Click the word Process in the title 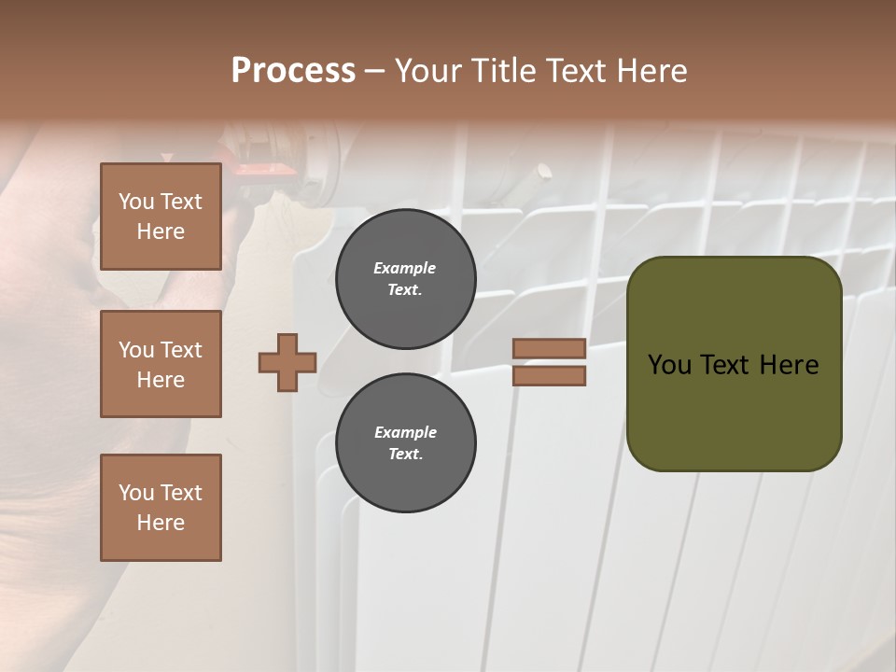coord(293,71)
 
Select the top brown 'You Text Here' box coord(161,217)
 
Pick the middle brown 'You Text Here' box coord(161,364)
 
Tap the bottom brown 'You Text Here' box coord(161,508)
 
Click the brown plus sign coord(287,362)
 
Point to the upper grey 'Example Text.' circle coord(405,279)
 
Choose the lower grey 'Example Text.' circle coord(405,443)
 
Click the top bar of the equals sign coord(549,348)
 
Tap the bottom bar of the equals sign coord(549,375)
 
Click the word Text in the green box coord(724,365)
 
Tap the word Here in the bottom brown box coord(161,523)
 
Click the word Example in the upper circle coord(405,268)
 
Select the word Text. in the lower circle coord(405,455)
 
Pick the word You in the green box coord(669,365)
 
